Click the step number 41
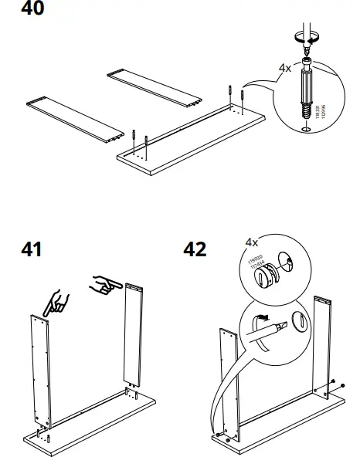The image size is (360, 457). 31,250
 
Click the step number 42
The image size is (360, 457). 195,250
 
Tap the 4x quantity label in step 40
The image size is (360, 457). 285,67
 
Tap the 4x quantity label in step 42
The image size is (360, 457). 252,242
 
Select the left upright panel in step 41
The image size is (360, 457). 40,371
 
